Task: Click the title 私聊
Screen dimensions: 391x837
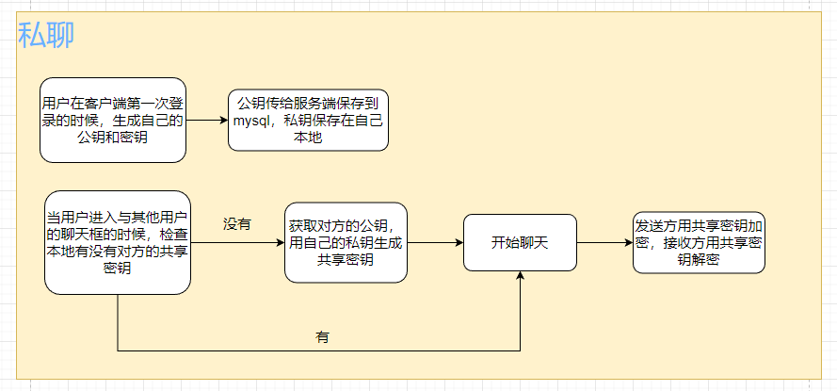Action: (46, 35)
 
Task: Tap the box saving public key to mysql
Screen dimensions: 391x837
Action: (308, 120)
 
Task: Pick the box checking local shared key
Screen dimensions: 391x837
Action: (118, 242)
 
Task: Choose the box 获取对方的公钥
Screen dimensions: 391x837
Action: (346, 242)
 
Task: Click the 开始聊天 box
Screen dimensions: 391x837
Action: (520, 242)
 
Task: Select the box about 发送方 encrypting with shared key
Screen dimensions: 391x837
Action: (698, 242)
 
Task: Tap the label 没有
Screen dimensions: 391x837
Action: (236, 224)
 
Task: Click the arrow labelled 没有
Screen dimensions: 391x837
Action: (237, 242)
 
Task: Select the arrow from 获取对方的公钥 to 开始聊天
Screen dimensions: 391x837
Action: (435, 242)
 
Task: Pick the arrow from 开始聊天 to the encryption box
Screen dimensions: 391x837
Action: (604, 242)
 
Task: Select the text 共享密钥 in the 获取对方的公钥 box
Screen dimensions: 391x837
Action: (346, 260)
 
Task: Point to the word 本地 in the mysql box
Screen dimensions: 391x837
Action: (308, 138)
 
